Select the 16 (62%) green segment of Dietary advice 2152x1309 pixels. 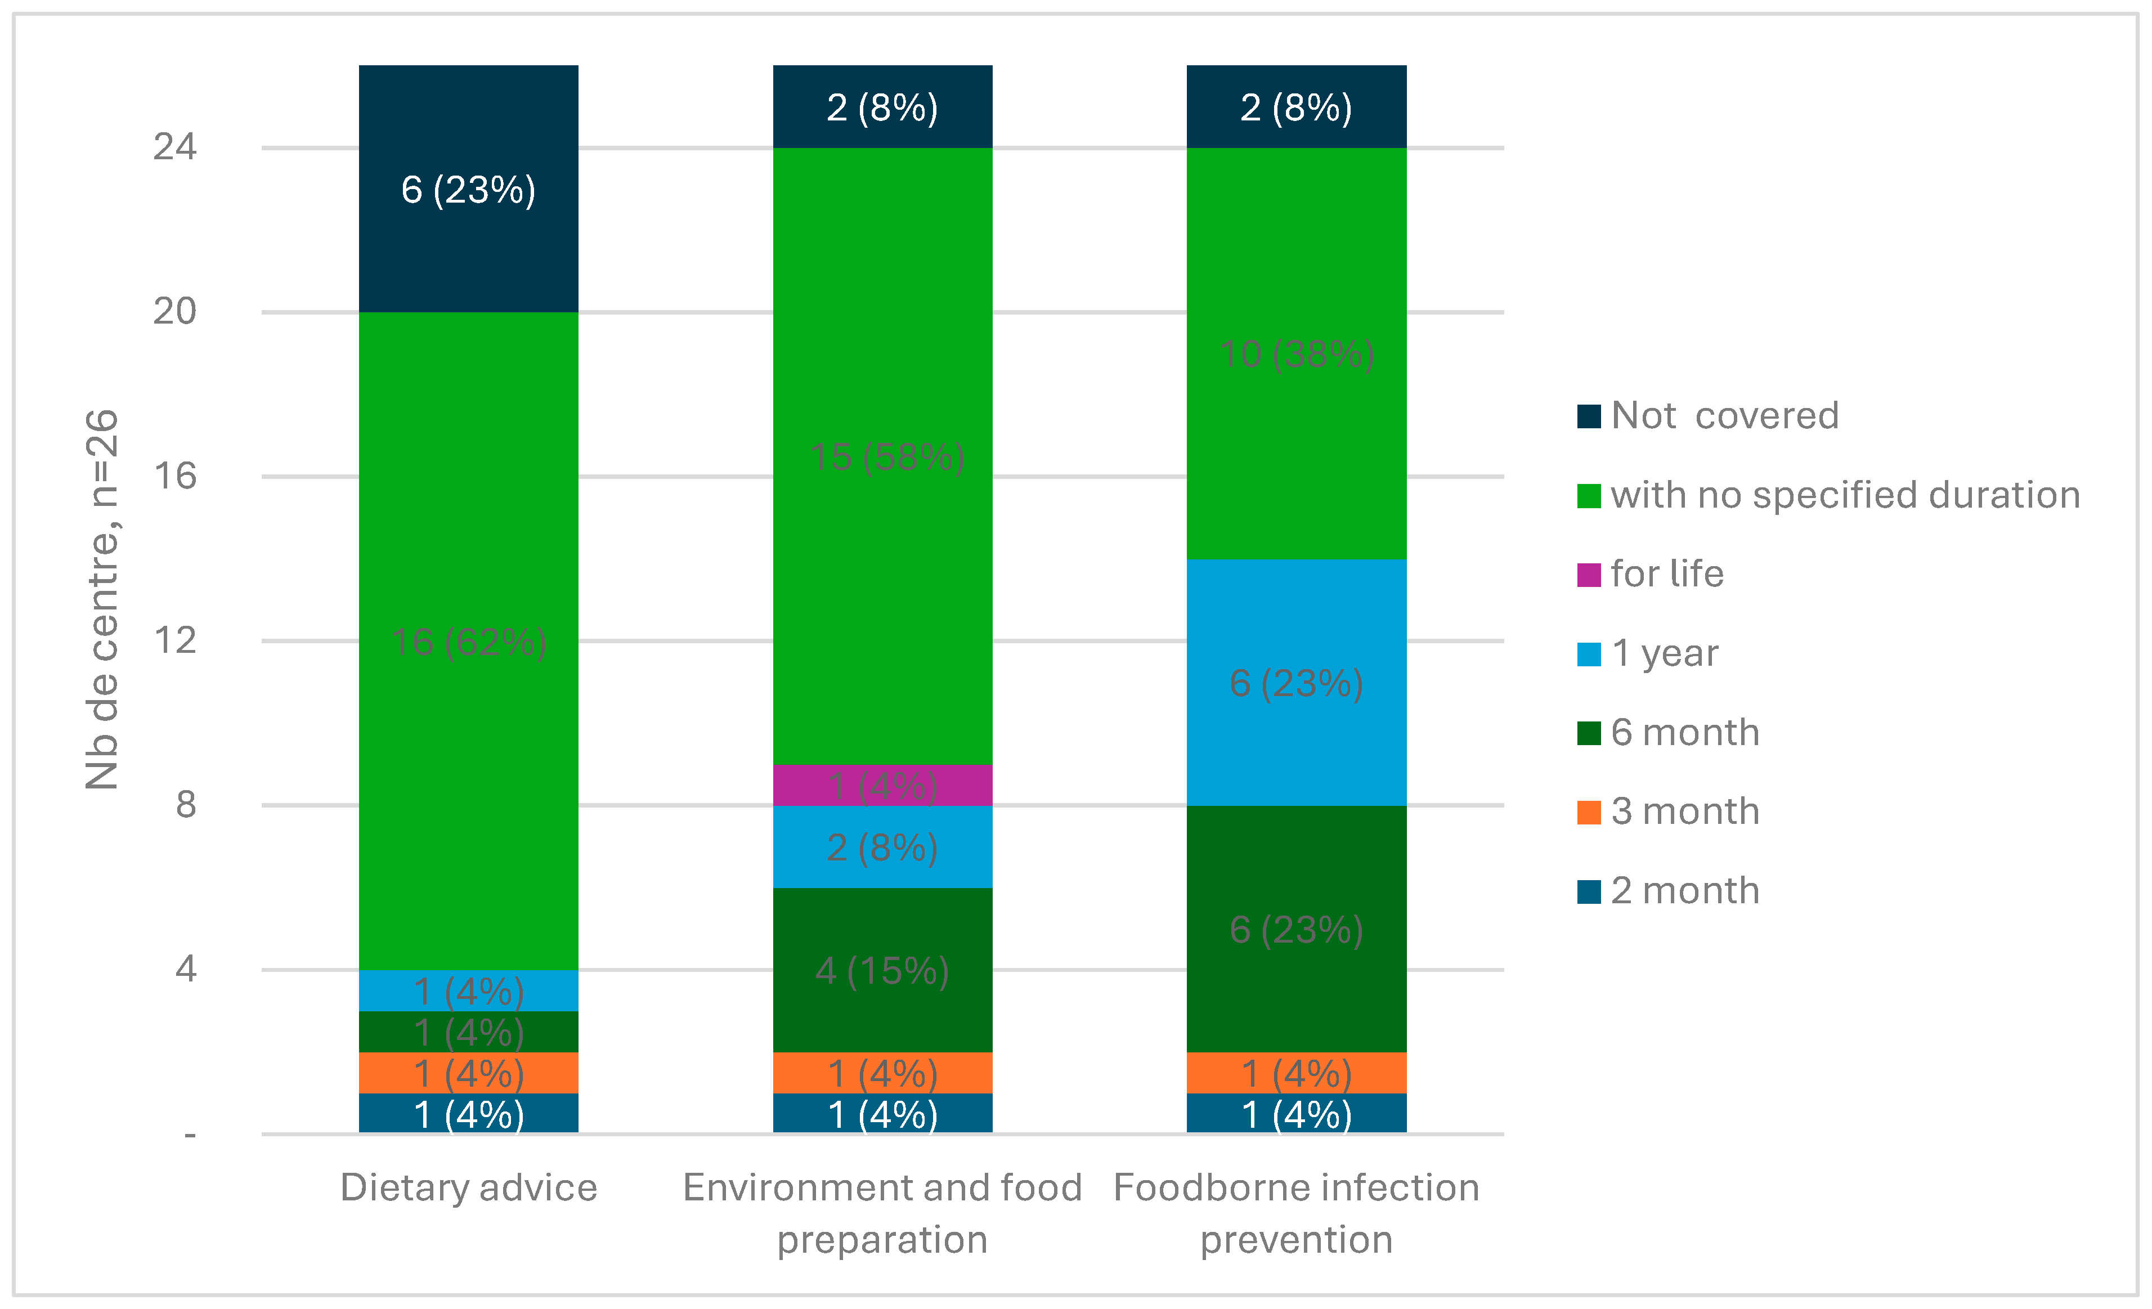(468, 642)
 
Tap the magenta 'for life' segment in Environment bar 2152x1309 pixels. (882, 785)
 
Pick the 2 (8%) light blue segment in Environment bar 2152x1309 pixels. (882, 846)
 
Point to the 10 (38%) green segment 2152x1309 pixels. (1296, 353)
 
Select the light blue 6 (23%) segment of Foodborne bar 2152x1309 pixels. (1296, 682)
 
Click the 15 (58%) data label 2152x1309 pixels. (886, 457)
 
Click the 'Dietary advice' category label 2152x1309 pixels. (468, 1187)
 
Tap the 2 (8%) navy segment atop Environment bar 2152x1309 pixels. (882, 107)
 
